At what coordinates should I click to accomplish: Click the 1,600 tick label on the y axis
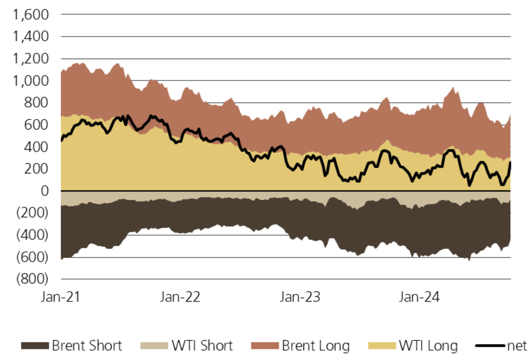pos(31,15)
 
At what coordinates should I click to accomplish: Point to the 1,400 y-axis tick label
pos(31,37)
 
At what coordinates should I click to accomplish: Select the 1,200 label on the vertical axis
pos(31,59)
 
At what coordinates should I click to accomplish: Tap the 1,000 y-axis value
pos(31,81)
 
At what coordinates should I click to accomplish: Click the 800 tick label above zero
pos(36,103)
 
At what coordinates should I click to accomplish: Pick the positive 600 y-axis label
pos(36,125)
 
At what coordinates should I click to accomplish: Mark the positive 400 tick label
pos(36,147)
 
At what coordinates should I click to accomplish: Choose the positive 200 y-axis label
pos(36,169)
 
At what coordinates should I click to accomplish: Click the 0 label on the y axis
pos(45,191)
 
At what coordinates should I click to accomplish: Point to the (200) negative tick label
pos(32,213)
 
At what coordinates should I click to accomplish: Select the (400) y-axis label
pos(32,235)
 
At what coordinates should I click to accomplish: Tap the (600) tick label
pos(32,257)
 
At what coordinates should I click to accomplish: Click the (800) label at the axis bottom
pos(32,279)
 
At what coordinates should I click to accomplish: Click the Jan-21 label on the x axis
pos(60,297)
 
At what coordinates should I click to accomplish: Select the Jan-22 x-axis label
pos(180,297)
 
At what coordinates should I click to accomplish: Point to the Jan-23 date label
pos(300,297)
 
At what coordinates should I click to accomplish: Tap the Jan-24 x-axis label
pos(419,297)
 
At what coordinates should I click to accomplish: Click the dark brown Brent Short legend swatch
pos(35,346)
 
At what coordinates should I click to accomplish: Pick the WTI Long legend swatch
pos(382,346)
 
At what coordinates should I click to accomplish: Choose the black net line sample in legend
pos(490,346)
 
